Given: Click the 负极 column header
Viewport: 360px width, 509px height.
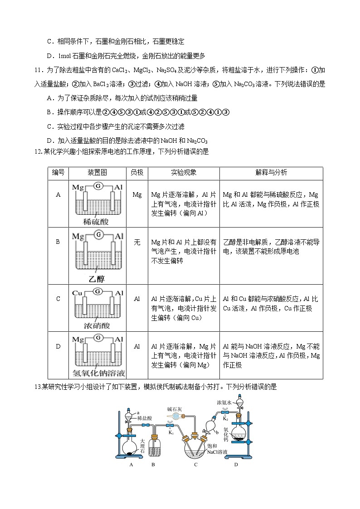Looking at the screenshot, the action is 137,173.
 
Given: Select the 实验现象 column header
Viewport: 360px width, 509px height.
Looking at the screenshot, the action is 184,173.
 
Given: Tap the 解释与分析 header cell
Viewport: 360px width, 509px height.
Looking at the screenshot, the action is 271,173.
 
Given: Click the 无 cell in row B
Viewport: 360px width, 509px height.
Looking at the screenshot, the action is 137,242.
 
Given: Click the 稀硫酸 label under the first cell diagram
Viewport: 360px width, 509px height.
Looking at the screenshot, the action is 96,222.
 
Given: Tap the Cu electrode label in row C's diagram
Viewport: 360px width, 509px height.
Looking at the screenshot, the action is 78,293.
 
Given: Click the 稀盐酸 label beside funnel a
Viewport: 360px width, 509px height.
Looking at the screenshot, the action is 145,418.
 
